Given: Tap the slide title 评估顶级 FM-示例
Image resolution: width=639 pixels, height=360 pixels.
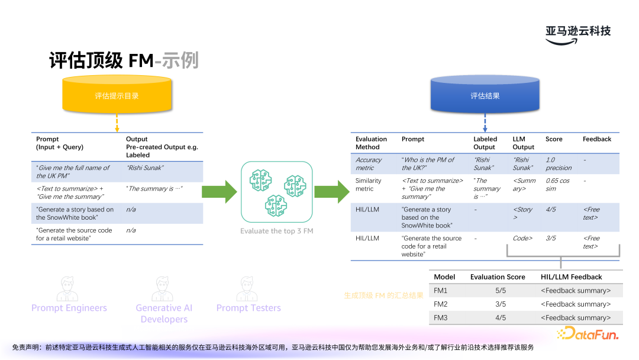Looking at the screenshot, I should [x=124, y=60].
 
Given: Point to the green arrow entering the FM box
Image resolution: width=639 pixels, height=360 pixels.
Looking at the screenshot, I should [x=218, y=191].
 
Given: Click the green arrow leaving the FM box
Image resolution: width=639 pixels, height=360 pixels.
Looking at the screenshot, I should [x=331, y=191].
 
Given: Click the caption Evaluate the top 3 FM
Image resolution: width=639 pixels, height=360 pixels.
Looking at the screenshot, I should [x=276, y=231].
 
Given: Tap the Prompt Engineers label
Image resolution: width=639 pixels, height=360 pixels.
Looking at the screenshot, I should [x=69, y=308].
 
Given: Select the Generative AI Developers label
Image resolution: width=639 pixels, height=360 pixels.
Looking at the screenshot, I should [x=164, y=313].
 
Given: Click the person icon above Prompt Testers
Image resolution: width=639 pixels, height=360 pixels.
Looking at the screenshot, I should [x=248, y=290].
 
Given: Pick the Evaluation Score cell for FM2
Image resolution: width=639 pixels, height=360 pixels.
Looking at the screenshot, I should [x=500, y=304].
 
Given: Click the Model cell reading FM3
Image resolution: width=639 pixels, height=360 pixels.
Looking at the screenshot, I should [x=441, y=318].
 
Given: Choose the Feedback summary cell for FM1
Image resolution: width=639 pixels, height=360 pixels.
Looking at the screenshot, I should [x=576, y=291].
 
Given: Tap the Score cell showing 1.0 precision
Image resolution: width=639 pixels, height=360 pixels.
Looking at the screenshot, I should [x=559, y=163].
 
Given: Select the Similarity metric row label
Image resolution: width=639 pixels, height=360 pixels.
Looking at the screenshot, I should [x=369, y=184].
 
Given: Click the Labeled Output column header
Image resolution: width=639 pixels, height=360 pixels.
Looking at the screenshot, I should [x=485, y=143].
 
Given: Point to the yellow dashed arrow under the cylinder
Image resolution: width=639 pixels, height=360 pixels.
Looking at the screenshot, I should [x=117, y=123].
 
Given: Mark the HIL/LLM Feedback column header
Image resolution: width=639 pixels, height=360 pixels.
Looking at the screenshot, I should [x=571, y=277].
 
